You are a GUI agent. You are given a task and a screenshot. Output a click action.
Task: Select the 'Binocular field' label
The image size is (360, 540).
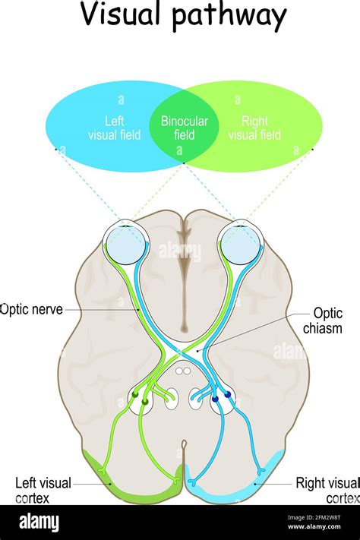(x=184, y=128)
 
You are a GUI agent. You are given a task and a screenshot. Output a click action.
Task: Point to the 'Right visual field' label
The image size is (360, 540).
(x=254, y=128)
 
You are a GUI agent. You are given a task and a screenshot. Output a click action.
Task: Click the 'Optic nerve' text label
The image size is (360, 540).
(x=32, y=309)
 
